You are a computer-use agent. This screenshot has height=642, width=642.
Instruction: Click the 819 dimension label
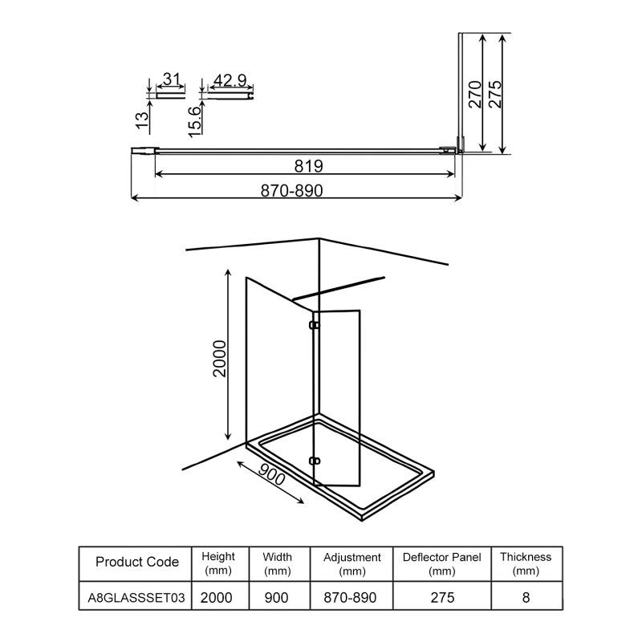(308, 166)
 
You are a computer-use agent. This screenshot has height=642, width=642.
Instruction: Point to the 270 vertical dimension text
(474, 94)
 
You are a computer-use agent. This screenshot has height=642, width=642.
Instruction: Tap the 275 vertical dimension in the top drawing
(495, 94)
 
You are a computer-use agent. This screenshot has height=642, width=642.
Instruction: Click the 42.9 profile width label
(230, 80)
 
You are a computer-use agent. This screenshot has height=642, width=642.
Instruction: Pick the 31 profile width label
(170, 79)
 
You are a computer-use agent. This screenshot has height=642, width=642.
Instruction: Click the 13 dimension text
(141, 120)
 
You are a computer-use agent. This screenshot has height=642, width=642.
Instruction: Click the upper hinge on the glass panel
(314, 326)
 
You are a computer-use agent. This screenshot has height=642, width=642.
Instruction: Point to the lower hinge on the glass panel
(314, 461)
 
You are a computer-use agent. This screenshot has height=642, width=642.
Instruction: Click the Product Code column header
(136, 562)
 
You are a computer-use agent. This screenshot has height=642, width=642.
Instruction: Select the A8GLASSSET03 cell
(136, 599)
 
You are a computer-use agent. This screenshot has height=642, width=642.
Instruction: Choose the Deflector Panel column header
(442, 563)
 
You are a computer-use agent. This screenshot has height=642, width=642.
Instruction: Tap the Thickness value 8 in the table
(526, 599)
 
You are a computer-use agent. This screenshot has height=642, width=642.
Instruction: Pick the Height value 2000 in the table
(218, 599)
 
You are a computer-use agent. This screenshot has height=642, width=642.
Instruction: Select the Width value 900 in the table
(277, 599)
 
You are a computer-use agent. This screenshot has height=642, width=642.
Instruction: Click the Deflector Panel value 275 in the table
(442, 599)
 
